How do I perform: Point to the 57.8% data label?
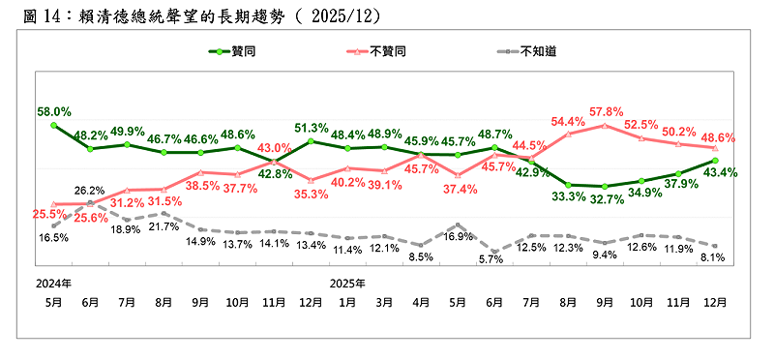pos(607,111)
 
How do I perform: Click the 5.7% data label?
pos(493,259)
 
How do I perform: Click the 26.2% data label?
pos(90,191)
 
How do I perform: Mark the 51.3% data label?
pos(312,128)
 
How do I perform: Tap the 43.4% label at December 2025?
pos(717,172)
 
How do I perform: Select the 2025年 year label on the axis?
pos(348,284)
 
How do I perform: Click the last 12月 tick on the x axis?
pos(716,302)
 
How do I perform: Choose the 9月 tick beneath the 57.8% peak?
pos(606,302)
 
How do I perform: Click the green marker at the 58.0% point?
pos(54,125)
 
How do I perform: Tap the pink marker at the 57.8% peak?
pos(606,125)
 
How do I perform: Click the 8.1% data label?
pos(713,257)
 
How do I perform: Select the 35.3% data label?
pos(312,194)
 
